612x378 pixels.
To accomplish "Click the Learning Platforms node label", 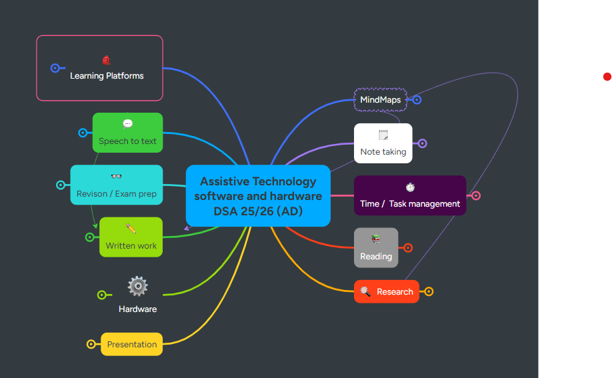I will pos(107,76).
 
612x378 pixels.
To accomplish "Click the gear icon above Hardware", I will pos(137,286).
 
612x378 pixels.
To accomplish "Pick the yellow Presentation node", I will pos(132,344).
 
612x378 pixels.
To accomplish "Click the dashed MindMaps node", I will pos(380,100).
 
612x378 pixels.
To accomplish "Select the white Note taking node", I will pos(383,143).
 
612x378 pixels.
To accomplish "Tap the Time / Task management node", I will pos(410,196).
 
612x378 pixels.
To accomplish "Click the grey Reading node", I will pos(376,248).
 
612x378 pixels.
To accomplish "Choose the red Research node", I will pos(387,291).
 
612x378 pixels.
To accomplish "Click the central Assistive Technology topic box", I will pos(258,196).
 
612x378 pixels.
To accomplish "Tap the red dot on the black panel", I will pos(607,77).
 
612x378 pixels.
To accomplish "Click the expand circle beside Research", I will pos(429,291).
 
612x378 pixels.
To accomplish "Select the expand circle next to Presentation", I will pos(91,344).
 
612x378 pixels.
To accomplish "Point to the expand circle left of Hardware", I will pos(101,295).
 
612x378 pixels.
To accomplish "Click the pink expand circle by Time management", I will pos(476,195).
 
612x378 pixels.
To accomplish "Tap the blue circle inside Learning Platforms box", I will pos(55,68).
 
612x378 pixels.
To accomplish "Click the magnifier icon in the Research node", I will pos(365,291).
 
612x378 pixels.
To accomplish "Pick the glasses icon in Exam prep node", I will pos(116,177).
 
